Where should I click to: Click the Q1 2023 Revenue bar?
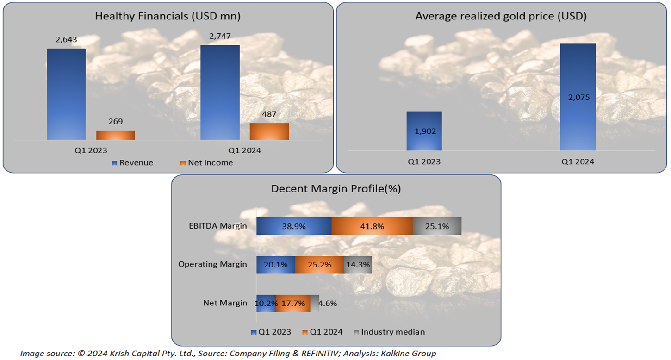tap(66, 94)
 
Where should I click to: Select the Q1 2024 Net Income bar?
tap(269, 131)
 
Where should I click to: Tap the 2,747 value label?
tap(220, 37)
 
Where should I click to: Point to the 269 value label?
tap(116, 122)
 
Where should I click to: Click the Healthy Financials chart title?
tap(168, 16)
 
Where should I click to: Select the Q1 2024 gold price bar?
tap(578, 97)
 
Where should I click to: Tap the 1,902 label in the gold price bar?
tap(424, 131)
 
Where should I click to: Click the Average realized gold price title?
tap(501, 16)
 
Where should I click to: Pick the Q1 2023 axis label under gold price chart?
tap(424, 162)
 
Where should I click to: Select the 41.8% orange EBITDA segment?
tap(372, 226)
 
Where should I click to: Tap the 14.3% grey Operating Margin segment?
tap(358, 265)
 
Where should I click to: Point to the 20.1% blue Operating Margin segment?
tap(276, 265)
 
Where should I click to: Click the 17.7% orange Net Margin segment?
tap(293, 304)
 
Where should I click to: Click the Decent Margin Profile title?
tap(336, 189)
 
